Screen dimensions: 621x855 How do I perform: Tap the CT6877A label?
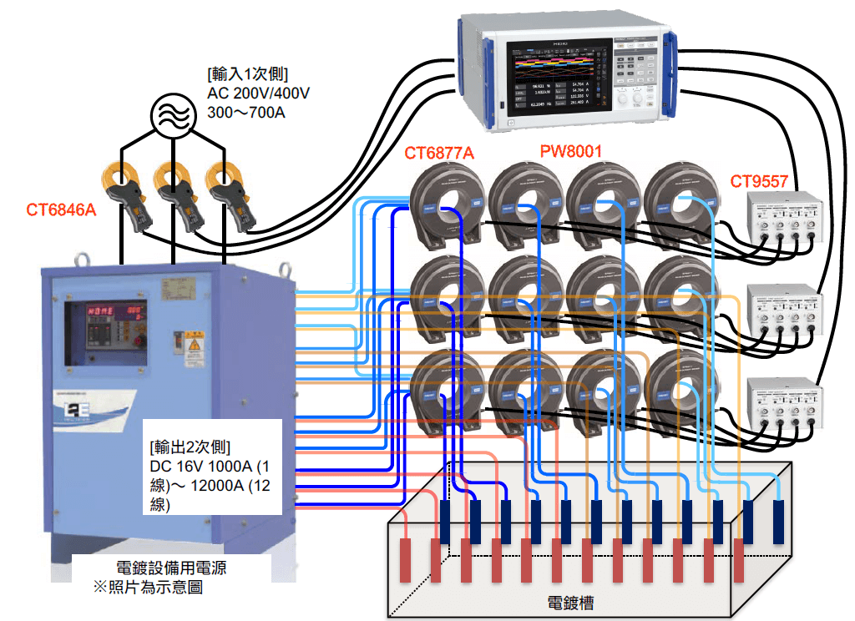pos(439,153)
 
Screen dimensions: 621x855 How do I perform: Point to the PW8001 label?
pos(570,150)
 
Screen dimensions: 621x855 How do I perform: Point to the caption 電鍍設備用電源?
pos(172,568)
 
